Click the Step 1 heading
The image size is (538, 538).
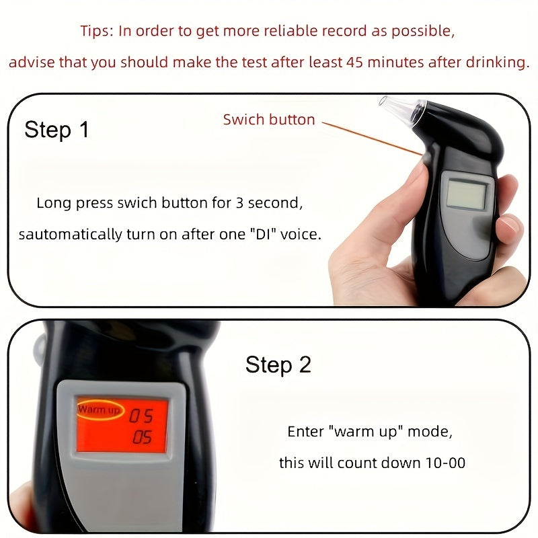click(56, 129)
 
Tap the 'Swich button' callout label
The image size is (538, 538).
click(269, 120)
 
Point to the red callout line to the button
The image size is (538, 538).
click(370, 137)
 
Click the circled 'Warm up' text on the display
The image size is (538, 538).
click(99, 409)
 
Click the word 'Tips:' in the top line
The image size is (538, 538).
click(96, 31)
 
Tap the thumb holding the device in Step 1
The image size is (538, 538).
click(417, 182)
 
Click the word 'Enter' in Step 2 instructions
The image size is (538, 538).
click(305, 432)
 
